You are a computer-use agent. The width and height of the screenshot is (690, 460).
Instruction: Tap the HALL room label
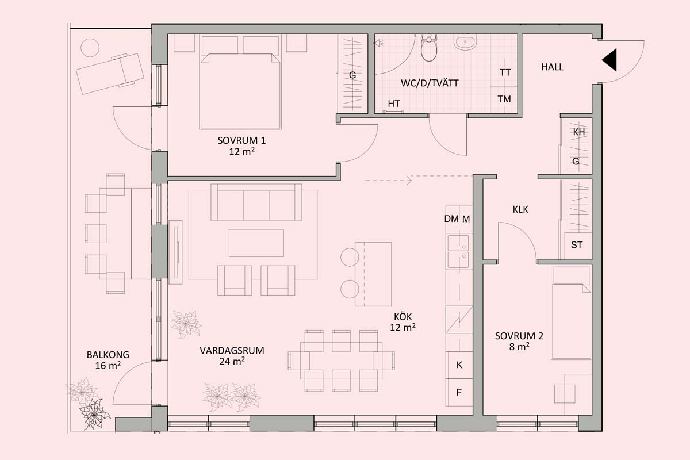[553, 67]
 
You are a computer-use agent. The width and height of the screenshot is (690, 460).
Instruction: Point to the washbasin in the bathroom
[465, 42]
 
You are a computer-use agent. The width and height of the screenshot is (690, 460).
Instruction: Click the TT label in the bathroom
[505, 72]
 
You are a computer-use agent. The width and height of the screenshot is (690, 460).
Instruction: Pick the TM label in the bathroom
[504, 99]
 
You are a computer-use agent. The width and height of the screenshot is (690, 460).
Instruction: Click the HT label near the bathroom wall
[394, 104]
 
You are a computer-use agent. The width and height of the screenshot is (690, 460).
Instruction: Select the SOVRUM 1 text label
[241, 140]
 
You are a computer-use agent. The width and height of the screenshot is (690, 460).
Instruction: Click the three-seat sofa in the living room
[256, 202]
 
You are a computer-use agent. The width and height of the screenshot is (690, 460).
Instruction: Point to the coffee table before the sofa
[256, 243]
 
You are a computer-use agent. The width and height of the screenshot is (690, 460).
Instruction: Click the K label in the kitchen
[459, 365]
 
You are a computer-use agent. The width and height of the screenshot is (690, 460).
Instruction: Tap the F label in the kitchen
[459, 392]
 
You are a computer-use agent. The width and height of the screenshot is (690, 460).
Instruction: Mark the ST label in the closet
[577, 245]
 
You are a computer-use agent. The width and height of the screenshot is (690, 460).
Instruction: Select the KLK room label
[520, 209]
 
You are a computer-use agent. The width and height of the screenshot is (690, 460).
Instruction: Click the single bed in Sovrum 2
[572, 312]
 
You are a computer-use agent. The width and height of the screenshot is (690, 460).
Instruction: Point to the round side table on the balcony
[90, 48]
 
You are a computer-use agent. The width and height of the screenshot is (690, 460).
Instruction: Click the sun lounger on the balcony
[110, 74]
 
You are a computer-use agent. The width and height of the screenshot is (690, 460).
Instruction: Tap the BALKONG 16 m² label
[108, 360]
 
